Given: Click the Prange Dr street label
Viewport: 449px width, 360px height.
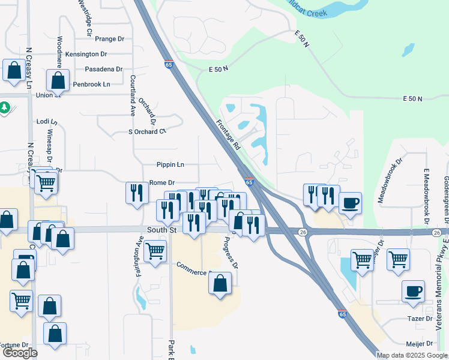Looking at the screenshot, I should click(109, 39).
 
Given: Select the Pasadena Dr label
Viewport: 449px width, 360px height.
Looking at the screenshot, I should click(103, 69).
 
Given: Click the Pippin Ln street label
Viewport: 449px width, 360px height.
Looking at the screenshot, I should click(170, 164).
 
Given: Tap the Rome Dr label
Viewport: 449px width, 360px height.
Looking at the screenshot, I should click(161, 182).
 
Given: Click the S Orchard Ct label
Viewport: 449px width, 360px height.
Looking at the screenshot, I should click(146, 132).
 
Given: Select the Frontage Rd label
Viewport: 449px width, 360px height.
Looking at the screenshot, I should click(229, 135).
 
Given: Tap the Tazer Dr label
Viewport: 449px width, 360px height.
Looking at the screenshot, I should click(420, 319).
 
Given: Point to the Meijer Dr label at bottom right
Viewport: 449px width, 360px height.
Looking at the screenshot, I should click(420, 344).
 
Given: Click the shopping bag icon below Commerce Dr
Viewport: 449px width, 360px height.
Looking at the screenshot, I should click(220, 283).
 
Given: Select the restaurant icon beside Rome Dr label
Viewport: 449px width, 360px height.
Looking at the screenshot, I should click(137, 193).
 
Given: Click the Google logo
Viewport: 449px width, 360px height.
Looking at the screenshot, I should click(20, 353).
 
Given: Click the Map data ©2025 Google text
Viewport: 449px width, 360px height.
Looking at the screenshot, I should click(412, 355).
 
